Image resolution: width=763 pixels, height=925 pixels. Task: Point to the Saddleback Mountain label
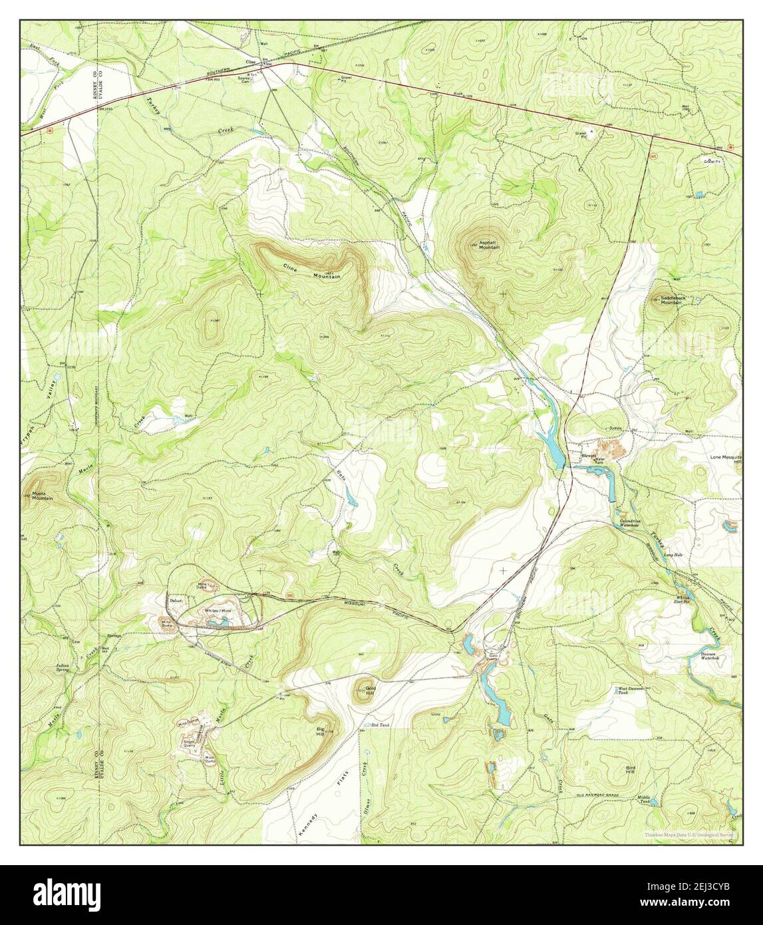[671, 300]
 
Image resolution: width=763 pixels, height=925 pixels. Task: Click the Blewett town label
[589, 456]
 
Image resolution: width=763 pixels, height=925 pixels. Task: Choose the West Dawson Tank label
[631, 691]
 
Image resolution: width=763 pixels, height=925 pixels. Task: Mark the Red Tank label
[379, 725]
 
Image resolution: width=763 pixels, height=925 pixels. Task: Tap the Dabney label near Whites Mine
[176, 601]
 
